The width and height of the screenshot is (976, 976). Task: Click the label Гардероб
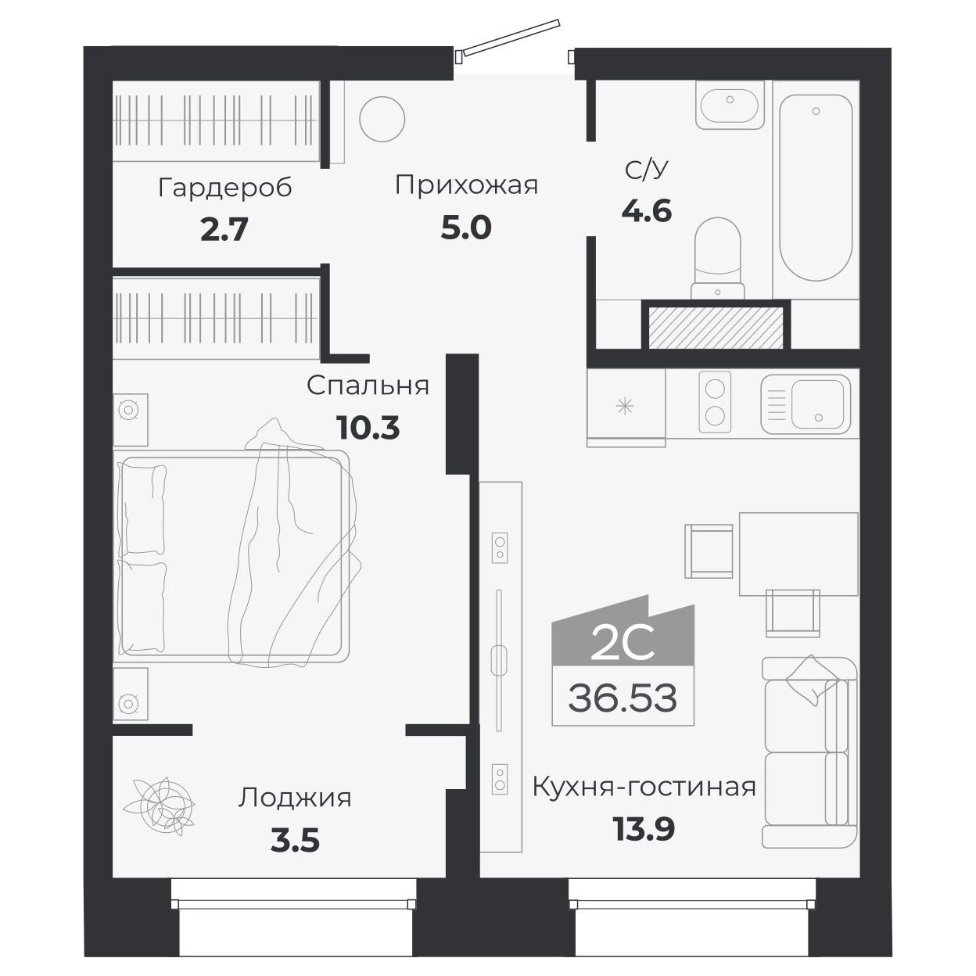224,188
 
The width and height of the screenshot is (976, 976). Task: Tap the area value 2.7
224,230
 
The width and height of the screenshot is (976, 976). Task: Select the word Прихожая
466,185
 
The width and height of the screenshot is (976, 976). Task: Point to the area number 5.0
466,228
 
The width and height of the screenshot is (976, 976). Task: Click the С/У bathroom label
648,170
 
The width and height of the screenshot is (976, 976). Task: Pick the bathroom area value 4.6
647,211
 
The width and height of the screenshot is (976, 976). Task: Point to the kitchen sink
806,404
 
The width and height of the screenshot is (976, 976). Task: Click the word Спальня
368,386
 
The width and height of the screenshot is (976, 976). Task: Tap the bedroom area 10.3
368,428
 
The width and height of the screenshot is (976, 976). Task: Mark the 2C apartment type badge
623,643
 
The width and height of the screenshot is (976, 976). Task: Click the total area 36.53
623,697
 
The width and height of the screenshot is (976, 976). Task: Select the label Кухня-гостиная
644,787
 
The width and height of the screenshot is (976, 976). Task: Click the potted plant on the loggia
163,802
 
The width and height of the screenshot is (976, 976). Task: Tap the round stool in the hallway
382,120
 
